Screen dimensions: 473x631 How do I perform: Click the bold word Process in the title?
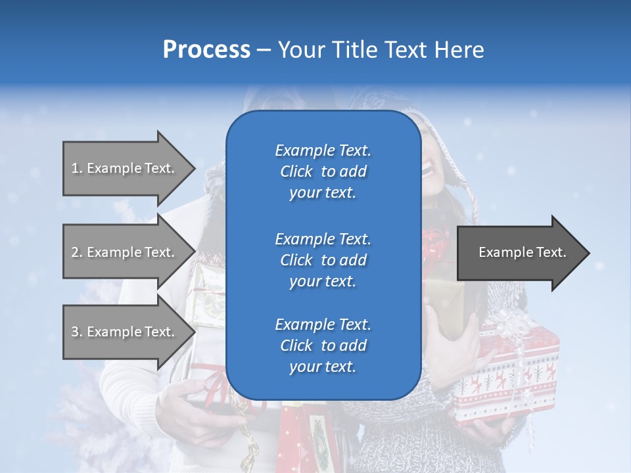(206, 50)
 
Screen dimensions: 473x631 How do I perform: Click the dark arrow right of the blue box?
(523, 253)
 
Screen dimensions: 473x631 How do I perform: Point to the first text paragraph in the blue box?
(323, 171)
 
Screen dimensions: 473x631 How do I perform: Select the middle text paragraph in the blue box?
(323, 260)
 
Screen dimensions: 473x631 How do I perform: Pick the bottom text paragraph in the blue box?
(323, 346)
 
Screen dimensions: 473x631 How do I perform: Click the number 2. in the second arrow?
(77, 252)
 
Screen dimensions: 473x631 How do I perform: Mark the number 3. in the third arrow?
(77, 332)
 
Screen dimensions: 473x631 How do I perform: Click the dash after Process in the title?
(264, 50)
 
